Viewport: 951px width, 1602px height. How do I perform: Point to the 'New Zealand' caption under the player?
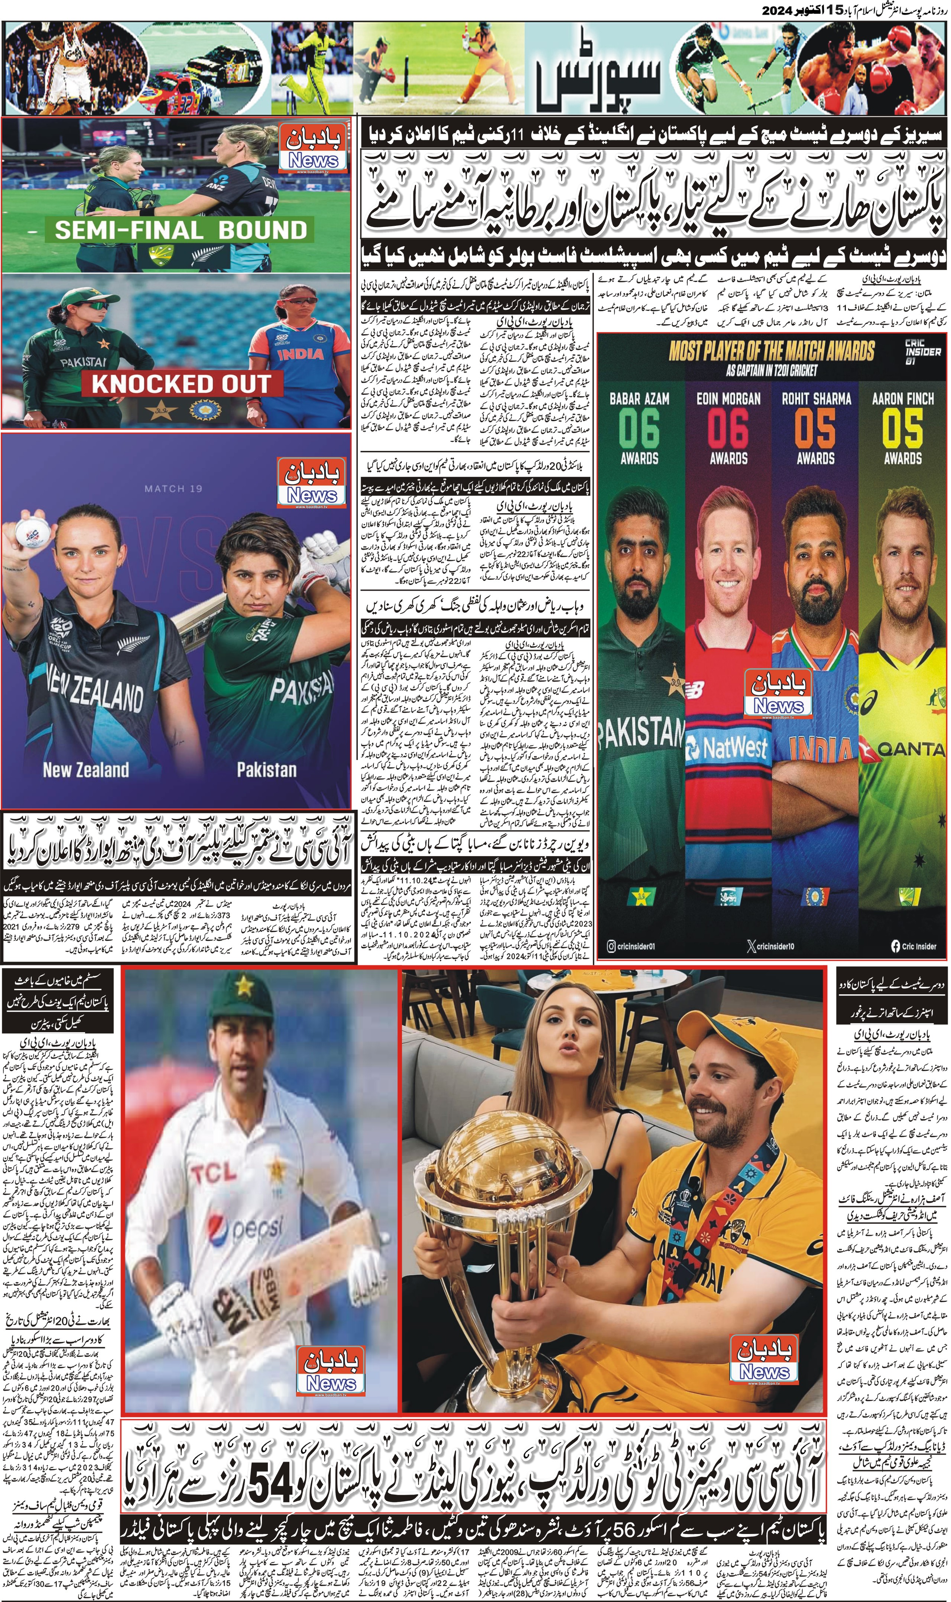[x=86, y=769]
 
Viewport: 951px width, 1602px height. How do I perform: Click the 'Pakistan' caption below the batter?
[x=267, y=769]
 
